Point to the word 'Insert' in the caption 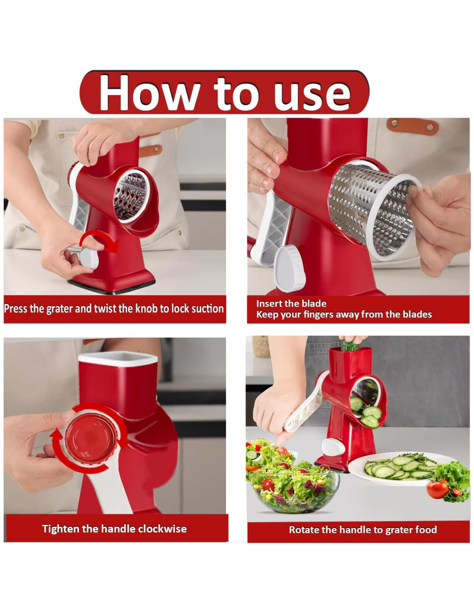click(269, 303)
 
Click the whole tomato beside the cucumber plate click(437, 489)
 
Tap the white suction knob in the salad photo click(333, 447)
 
